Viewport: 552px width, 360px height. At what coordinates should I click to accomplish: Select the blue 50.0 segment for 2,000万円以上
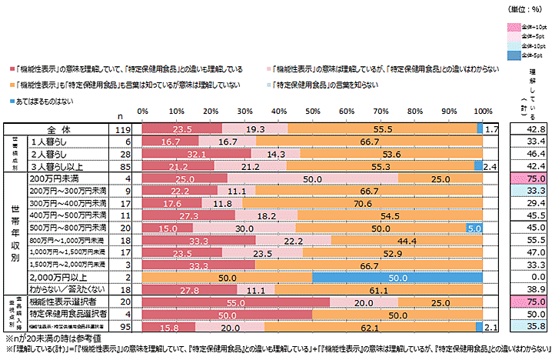pos(397,276)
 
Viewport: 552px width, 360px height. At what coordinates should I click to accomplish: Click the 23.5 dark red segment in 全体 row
pos(182,129)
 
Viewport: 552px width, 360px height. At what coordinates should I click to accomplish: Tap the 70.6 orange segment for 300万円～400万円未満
pos(361,203)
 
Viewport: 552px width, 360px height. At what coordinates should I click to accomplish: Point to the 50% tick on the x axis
pos(312,113)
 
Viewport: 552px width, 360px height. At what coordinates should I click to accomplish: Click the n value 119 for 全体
pos(118,129)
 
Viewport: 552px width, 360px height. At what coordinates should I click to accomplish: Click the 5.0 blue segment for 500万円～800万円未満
pos(474,228)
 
